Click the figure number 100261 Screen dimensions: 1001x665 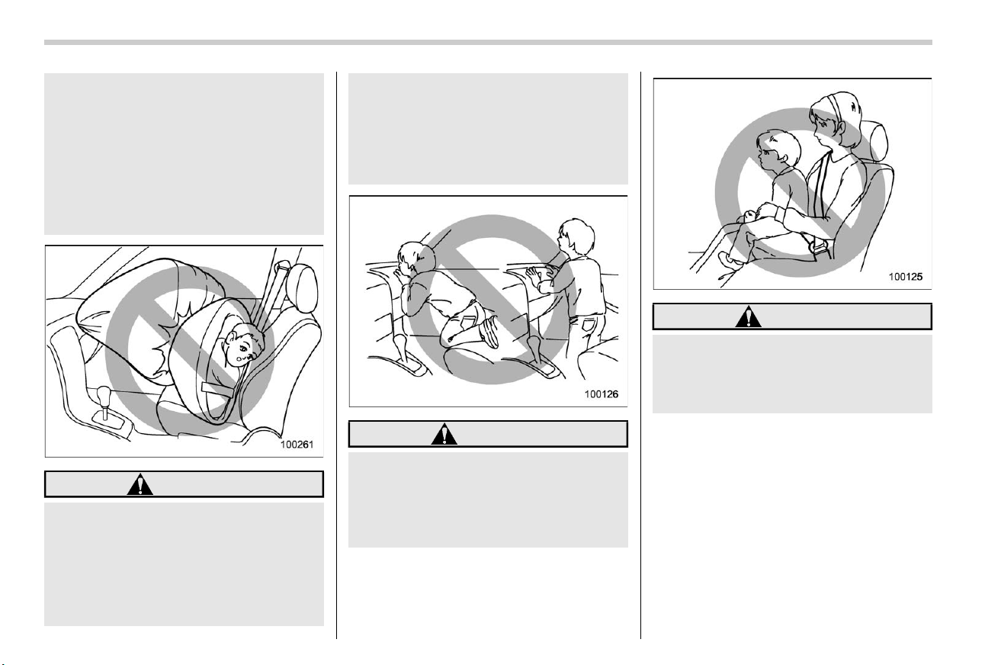coord(297,445)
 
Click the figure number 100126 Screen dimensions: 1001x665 coord(602,394)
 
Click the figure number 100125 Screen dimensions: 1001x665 coord(906,277)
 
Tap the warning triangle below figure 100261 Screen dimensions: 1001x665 coord(140,484)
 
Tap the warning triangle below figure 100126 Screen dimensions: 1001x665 coord(444,434)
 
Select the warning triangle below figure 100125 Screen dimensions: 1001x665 coord(748,316)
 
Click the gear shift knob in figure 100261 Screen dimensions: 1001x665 coord(104,394)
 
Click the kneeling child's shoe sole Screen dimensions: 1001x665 coord(489,332)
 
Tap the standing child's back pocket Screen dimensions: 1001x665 coord(586,323)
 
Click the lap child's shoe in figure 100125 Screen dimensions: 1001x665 coord(730,259)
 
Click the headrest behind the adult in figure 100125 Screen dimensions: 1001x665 coord(875,140)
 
